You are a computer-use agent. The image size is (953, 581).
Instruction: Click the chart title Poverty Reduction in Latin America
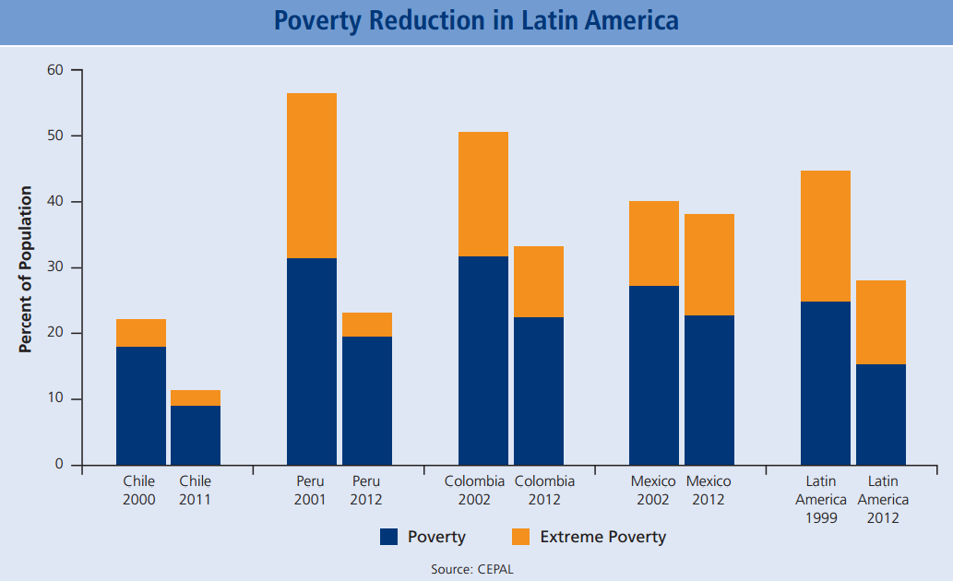pos(476,21)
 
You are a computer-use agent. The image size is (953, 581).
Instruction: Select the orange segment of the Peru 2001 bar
pos(312,175)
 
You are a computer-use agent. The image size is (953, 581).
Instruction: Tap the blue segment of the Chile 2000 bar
pos(141,406)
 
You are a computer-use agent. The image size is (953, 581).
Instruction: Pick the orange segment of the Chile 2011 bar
pos(196,397)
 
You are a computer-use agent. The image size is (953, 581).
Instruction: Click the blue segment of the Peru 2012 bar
pos(367,400)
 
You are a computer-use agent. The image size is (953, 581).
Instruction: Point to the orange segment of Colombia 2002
pos(483,194)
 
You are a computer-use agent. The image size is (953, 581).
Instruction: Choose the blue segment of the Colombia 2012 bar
pos(539,391)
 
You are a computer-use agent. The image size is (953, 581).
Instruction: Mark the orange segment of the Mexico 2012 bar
pos(709,265)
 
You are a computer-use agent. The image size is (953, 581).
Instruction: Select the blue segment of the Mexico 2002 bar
pos(654,375)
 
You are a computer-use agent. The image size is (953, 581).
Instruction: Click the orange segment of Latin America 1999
pos(826,236)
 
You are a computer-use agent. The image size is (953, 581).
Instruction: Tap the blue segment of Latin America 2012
pos(881,414)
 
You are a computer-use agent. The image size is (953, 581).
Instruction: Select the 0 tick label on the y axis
pos(59,465)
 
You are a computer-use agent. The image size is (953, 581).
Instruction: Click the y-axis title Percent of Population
pos(26,269)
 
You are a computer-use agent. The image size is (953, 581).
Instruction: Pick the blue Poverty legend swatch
pos(389,537)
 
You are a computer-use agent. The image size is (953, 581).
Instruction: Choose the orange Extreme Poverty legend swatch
pos(520,537)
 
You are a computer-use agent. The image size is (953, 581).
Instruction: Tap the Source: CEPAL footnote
pos(472,569)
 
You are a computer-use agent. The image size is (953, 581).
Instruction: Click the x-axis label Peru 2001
pos(310,491)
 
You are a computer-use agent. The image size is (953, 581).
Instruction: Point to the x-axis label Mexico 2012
pos(709,491)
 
